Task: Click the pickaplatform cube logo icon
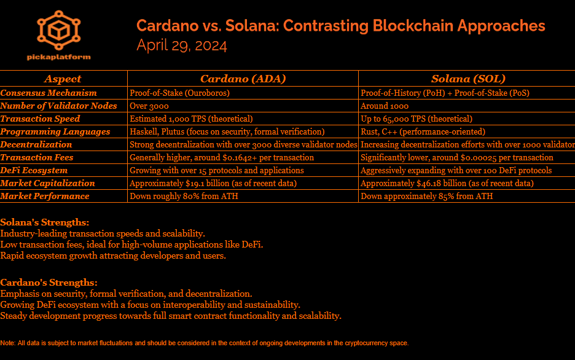(x=58, y=30)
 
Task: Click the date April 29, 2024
(x=182, y=45)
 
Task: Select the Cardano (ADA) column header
(x=243, y=79)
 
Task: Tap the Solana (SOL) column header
(x=467, y=79)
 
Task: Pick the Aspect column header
(x=63, y=79)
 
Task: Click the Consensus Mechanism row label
(x=49, y=93)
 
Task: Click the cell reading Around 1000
(x=385, y=106)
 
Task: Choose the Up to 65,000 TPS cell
(x=417, y=119)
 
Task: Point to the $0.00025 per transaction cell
(x=457, y=157)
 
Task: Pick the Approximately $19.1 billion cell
(x=213, y=183)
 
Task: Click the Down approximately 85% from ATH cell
(x=426, y=196)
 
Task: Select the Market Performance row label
(x=45, y=196)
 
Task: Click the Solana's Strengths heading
(x=45, y=222)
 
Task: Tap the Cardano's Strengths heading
(x=49, y=283)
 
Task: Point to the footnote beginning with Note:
(x=204, y=343)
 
